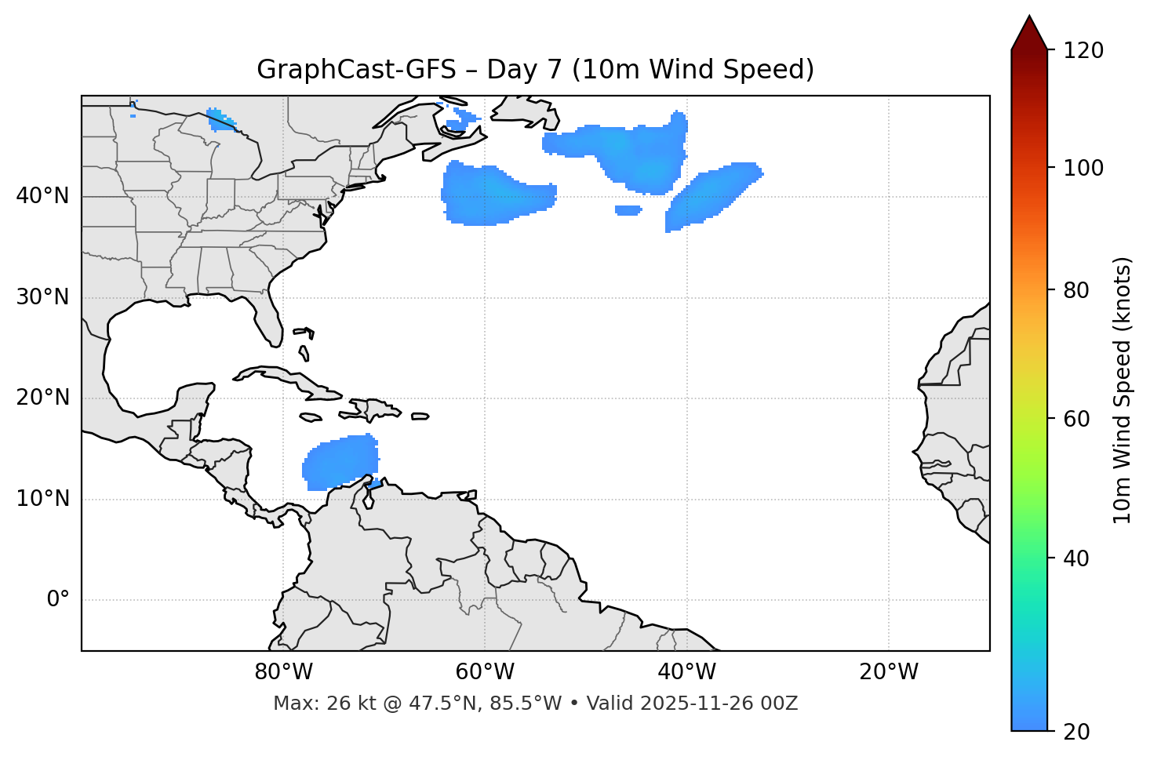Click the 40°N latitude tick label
coord(42,196)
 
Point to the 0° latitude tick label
coord(58,600)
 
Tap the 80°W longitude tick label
coord(283,672)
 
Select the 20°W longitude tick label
coord(889,672)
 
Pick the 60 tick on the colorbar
coord(1080,419)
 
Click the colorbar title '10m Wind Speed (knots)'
coord(1123,390)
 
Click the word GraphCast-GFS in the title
coord(356,70)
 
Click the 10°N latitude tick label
coord(42,499)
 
